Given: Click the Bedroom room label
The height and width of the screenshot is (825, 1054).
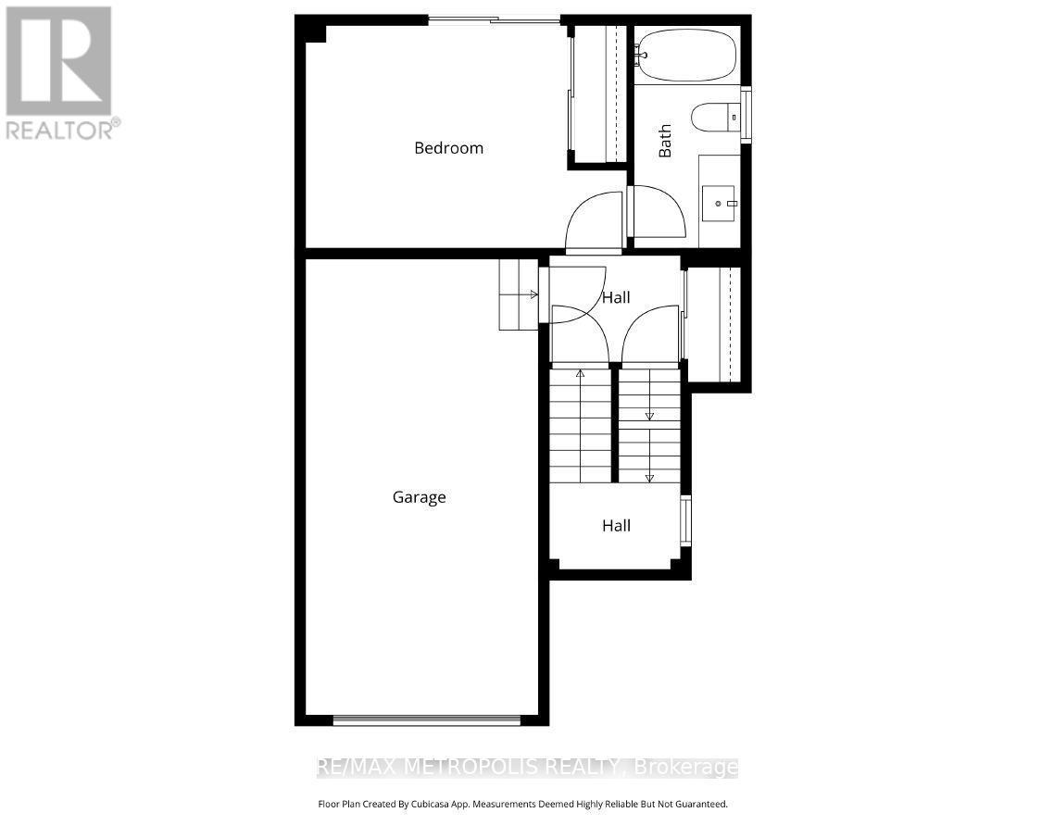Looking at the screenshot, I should [x=448, y=148].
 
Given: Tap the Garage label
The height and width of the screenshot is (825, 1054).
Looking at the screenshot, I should [x=419, y=497].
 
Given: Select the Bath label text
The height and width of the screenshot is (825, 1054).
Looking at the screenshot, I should [x=665, y=142].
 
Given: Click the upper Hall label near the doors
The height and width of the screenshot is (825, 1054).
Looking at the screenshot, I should [x=616, y=297].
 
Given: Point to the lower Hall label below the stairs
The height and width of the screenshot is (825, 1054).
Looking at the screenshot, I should [x=616, y=526].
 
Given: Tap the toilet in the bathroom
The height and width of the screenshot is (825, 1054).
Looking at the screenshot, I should [x=714, y=117].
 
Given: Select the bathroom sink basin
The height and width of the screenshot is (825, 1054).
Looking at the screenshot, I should [x=719, y=203].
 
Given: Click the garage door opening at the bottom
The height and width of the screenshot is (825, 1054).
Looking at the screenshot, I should [x=427, y=719].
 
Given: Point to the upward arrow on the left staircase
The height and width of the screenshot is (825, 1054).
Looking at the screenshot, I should [x=581, y=374].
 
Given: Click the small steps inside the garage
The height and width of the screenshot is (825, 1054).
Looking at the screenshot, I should [x=518, y=294].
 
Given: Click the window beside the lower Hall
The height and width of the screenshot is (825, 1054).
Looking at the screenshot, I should [x=685, y=520].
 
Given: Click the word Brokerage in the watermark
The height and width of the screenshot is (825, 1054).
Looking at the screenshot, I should [x=684, y=768].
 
